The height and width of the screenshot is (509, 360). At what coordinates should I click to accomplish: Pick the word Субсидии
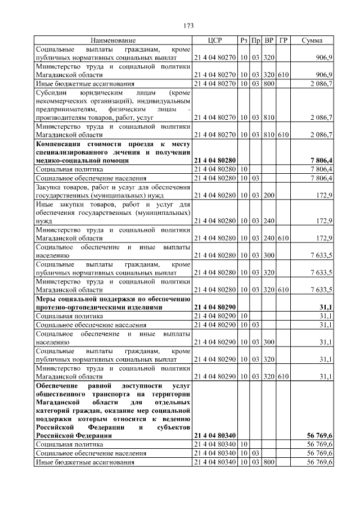point(51,92)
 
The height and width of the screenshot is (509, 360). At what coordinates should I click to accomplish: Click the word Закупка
point(51,186)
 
